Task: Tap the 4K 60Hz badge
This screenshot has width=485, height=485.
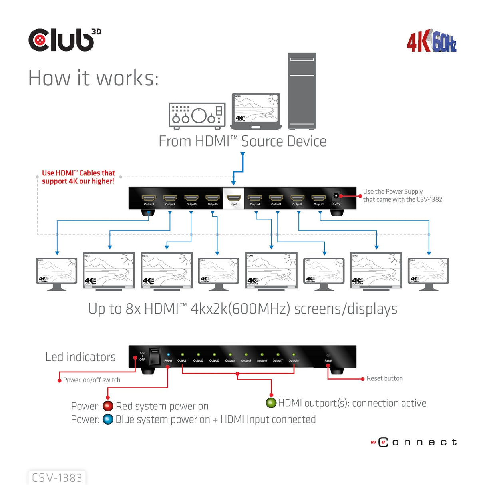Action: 431,41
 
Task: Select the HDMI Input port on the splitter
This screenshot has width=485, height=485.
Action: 234,198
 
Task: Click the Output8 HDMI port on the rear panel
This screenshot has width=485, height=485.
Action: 149,198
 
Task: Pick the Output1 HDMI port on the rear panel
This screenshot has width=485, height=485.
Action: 318,198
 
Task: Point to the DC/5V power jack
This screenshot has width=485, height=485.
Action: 336,196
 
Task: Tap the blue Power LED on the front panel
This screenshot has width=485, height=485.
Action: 168,354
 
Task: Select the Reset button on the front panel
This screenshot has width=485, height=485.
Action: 328,355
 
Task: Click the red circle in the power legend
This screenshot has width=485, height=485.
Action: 108,406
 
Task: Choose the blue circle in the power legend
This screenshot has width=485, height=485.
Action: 108,419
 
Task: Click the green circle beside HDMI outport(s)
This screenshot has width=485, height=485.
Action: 271,403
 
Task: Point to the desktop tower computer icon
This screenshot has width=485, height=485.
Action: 302,91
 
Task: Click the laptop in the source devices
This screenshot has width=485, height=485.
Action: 256,111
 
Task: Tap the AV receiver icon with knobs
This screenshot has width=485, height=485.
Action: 197,116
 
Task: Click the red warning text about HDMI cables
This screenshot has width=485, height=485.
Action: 78,177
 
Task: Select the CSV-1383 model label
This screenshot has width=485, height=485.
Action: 57,477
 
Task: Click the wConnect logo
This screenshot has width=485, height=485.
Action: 414,442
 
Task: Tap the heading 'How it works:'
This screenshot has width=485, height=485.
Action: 93,78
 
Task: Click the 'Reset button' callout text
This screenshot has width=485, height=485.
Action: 384,378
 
